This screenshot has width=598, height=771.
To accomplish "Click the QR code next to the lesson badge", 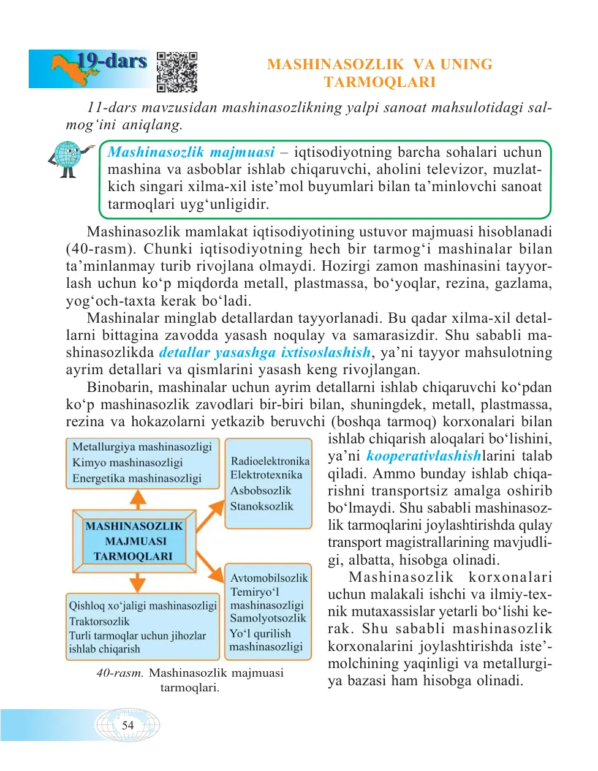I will (177, 72).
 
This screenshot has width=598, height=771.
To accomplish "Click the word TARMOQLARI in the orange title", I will (379, 82).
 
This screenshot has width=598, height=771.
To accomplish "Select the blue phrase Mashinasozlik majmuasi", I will (191, 152).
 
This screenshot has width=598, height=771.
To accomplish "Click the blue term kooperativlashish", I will (423, 456).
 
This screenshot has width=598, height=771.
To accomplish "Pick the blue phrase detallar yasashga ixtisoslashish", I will (265, 352).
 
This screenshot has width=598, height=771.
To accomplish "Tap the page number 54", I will (127, 725).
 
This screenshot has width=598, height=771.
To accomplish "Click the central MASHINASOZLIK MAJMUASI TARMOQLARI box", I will (134, 541).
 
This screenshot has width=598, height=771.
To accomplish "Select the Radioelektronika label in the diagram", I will (270, 461).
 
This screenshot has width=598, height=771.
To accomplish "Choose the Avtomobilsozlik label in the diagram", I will (269, 577).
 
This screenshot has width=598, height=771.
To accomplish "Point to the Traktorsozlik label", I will (99, 621).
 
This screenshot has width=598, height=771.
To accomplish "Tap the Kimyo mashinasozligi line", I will (127, 462).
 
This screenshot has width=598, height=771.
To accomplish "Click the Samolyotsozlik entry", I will (268, 619).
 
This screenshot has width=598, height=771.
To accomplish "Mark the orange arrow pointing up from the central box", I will (138, 499).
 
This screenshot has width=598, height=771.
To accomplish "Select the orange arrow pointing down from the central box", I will (138, 582).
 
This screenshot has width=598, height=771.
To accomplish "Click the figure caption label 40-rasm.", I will (119, 673).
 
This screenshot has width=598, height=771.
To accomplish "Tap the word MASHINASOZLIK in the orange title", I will (335, 64).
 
